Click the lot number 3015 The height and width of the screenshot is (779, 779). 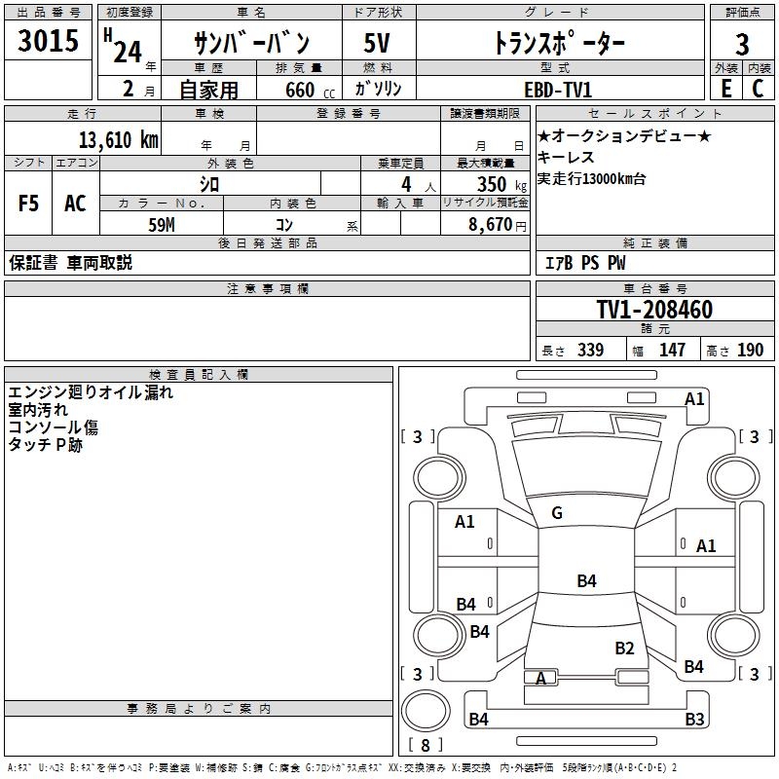tap(49, 42)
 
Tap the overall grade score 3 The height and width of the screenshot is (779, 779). tap(742, 44)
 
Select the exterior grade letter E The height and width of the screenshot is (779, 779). tap(725, 88)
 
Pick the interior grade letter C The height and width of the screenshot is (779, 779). tap(758, 88)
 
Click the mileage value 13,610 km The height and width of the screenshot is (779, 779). tap(118, 139)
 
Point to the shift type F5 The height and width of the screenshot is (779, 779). tap(29, 204)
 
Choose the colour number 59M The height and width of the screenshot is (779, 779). tap(161, 224)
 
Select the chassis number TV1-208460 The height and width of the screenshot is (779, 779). tap(654, 310)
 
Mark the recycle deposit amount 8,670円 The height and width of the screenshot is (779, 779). tap(498, 224)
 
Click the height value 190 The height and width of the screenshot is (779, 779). tap(750, 350)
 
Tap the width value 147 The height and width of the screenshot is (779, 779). tap(672, 350)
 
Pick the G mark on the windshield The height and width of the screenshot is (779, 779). tap(557, 513)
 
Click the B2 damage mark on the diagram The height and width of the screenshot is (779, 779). tap(624, 648)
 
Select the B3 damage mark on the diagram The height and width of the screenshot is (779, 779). tap(693, 720)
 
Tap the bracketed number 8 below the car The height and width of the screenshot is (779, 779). tap(425, 746)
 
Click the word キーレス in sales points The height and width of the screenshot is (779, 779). tap(566, 158)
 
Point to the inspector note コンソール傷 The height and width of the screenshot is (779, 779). tap(54, 427)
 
